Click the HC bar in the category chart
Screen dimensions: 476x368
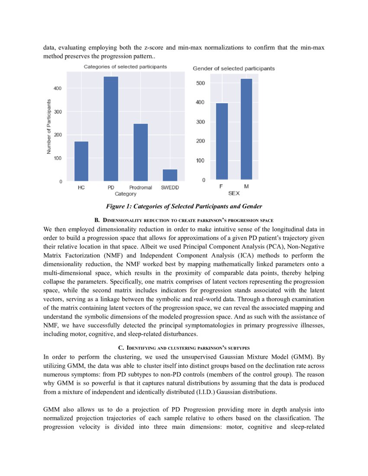(x=81, y=161)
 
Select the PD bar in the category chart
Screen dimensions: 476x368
(x=111, y=129)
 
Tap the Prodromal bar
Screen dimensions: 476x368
(x=140, y=152)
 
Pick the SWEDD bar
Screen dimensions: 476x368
(x=170, y=175)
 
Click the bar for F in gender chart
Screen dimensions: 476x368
(x=222, y=141)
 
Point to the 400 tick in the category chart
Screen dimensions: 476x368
(x=58, y=88)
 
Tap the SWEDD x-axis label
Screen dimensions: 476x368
(x=170, y=188)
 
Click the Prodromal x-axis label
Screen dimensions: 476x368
(x=140, y=188)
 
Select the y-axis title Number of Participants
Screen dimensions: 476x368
(x=49, y=126)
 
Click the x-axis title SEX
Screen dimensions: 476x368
(x=234, y=193)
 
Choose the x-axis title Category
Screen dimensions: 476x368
(x=126, y=194)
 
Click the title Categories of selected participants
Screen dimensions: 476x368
(x=125, y=67)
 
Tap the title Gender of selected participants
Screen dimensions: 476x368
(x=233, y=68)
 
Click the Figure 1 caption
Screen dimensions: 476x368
(x=184, y=206)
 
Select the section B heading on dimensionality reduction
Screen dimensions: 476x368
(x=184, y=221)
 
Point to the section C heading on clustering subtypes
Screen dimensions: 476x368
(x=184, y=348)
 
